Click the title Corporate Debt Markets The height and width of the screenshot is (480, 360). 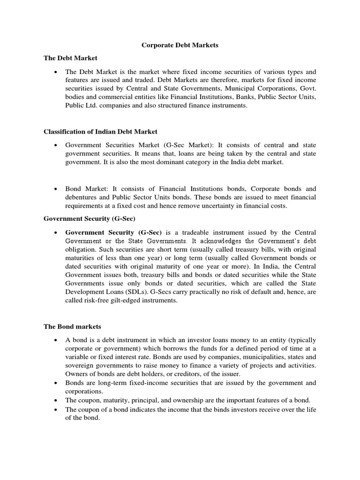coord(180,45)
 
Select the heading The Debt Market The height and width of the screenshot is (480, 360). coord(70,58)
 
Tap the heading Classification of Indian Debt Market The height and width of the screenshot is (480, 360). coord(101,132)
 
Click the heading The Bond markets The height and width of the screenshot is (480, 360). coord(72,326)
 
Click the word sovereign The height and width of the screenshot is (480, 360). coord(80,365)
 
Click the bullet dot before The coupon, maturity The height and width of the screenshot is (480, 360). coord(56,400)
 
